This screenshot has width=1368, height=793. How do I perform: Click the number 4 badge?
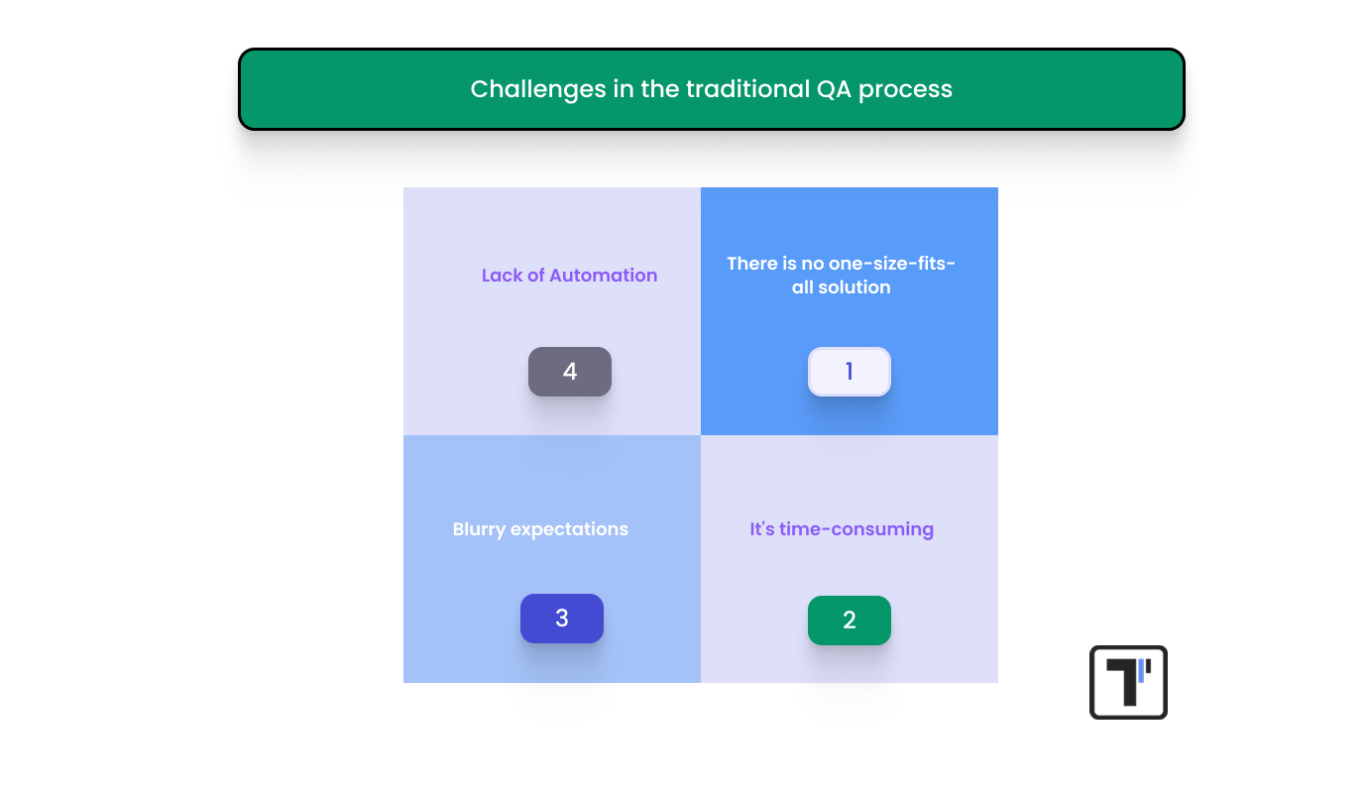point(569,372)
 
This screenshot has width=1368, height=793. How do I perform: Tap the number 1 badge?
point(849,372)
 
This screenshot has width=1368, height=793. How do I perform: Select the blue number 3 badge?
point(561,619)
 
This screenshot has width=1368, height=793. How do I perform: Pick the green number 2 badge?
point(849,621)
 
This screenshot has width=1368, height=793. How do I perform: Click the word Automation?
point(603,276)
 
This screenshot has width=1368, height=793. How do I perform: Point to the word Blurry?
point(479,529)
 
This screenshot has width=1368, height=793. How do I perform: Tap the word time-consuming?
point(856,529)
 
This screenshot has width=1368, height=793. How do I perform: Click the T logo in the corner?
point(1128,682)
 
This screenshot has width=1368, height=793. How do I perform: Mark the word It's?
point(762,529)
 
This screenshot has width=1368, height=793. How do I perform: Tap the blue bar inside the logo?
point(1141,670)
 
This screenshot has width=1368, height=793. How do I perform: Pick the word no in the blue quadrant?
point(810,264)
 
